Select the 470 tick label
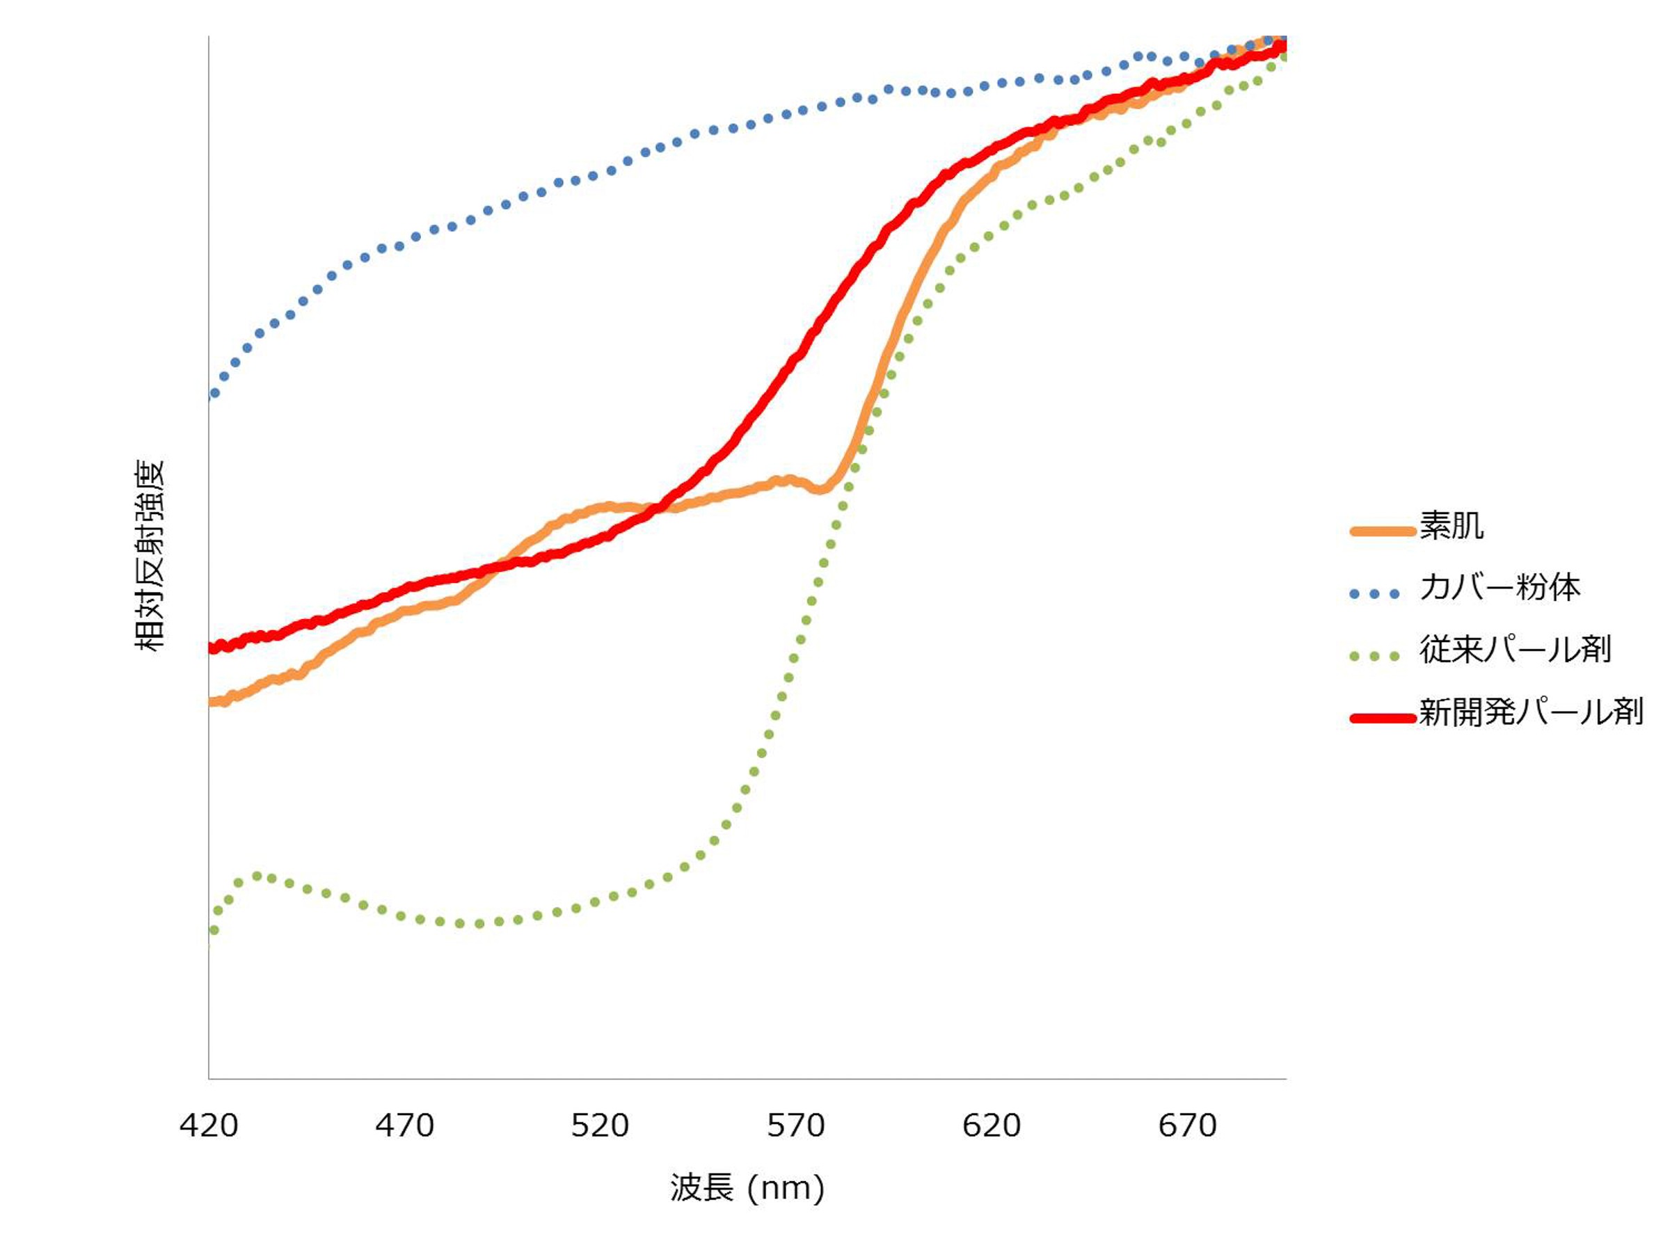pos(405,1125)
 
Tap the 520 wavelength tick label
pos(601,1125)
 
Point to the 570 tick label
pos(796,1125)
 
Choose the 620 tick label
pos(992,1125)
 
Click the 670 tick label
pos(1188,1125)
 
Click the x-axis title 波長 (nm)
pos(747,1188)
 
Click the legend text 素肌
pos(1451,525)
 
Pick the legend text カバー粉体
pos(1500,587)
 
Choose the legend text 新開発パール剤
pos(1530,711)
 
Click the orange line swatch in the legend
pos(1383,531)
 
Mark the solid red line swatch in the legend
pos(1383,718)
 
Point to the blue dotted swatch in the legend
pos(1375,594)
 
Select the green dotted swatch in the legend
pos(1375,656)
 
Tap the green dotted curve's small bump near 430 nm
pos(257,876)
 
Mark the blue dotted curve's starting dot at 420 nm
pos(214,393)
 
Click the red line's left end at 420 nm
pos(212,648)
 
